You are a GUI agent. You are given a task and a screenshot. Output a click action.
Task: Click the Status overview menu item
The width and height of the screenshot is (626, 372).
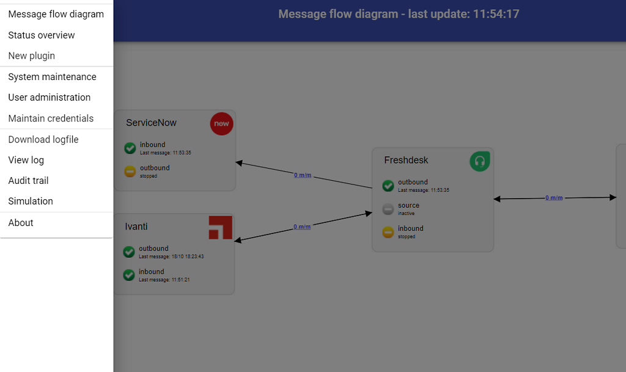point(42,35)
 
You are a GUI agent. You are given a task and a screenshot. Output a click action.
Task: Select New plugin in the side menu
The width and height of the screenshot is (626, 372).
point(32,56)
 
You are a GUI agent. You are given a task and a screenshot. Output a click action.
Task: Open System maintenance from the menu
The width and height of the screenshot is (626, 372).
point(52,77)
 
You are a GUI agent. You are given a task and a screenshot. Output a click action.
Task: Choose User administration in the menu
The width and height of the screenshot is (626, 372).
point(49,98)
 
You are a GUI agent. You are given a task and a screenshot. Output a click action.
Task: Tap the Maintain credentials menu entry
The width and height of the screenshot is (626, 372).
point(51,119)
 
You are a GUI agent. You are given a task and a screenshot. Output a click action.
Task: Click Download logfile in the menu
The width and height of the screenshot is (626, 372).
point(43,140)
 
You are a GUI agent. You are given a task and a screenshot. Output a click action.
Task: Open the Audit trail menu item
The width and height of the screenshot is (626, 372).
point(28,181)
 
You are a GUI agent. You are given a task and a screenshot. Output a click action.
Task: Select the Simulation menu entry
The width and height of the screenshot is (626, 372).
point(31,202)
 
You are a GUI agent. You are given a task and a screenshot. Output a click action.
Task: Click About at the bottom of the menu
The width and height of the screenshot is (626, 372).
point(21,223)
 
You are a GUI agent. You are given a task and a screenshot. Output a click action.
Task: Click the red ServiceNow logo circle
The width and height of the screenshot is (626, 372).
point(221,123)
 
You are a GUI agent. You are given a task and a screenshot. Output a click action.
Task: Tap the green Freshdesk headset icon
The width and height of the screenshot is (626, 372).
point(480,161)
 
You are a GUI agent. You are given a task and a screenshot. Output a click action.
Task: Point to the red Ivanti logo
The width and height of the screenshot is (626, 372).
point(220,227)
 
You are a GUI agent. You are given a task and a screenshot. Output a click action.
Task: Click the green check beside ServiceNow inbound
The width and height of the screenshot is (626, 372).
point(130,148)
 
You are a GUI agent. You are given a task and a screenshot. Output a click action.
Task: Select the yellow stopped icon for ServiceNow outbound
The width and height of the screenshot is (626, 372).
point(130,172)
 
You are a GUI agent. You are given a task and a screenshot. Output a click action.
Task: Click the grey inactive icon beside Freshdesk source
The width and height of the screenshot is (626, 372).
point(388,209)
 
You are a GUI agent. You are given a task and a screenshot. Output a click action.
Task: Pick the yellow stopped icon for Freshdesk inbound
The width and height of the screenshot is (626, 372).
point(388,232)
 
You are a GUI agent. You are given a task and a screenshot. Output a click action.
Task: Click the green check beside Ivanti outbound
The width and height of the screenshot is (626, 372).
point(129,252)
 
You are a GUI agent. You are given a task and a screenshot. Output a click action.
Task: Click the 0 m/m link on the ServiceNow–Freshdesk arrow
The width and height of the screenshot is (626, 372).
point(303,175)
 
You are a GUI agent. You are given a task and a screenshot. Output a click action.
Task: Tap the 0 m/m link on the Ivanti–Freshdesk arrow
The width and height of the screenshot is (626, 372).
point(302,227)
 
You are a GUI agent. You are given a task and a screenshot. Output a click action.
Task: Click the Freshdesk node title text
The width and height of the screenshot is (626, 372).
point(406,161)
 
